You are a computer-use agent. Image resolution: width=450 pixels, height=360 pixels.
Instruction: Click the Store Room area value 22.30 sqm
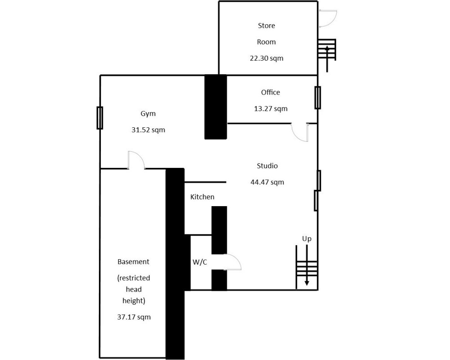point(266,58)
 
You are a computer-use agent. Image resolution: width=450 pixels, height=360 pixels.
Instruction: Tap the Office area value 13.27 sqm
point(270,109)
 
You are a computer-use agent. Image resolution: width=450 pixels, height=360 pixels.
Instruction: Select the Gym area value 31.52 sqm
point(148,130)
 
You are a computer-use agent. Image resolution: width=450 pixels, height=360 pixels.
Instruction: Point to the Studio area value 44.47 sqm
point(267,182)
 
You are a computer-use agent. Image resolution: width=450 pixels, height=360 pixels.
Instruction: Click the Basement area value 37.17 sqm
point(134,317)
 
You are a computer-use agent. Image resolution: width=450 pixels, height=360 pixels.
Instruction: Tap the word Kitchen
point(202,197)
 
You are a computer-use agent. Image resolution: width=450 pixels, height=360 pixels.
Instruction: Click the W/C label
point(200,262)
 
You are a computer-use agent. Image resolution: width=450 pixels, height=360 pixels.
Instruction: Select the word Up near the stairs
point(307,239)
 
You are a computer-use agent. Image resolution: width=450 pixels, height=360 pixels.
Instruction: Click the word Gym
point(148,114)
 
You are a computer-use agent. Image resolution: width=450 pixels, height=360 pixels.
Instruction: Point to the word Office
point(270,92)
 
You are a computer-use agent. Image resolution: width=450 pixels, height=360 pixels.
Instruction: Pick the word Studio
point(267,166)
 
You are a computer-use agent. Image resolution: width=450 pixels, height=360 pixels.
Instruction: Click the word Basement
point(134,262)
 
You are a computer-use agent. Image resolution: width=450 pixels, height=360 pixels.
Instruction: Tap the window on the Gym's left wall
point(99,118)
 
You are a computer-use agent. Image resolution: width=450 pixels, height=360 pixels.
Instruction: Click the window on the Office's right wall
point(318,98)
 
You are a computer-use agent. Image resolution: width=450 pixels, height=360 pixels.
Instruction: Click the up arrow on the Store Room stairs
point(327,59)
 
